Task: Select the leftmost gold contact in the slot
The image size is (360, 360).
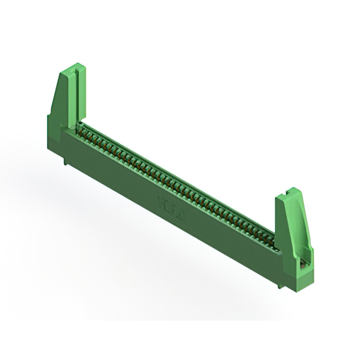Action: pyautogui.click(x=80, y=127)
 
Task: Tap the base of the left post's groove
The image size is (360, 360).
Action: pyautogui.click(x=74, y=121)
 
